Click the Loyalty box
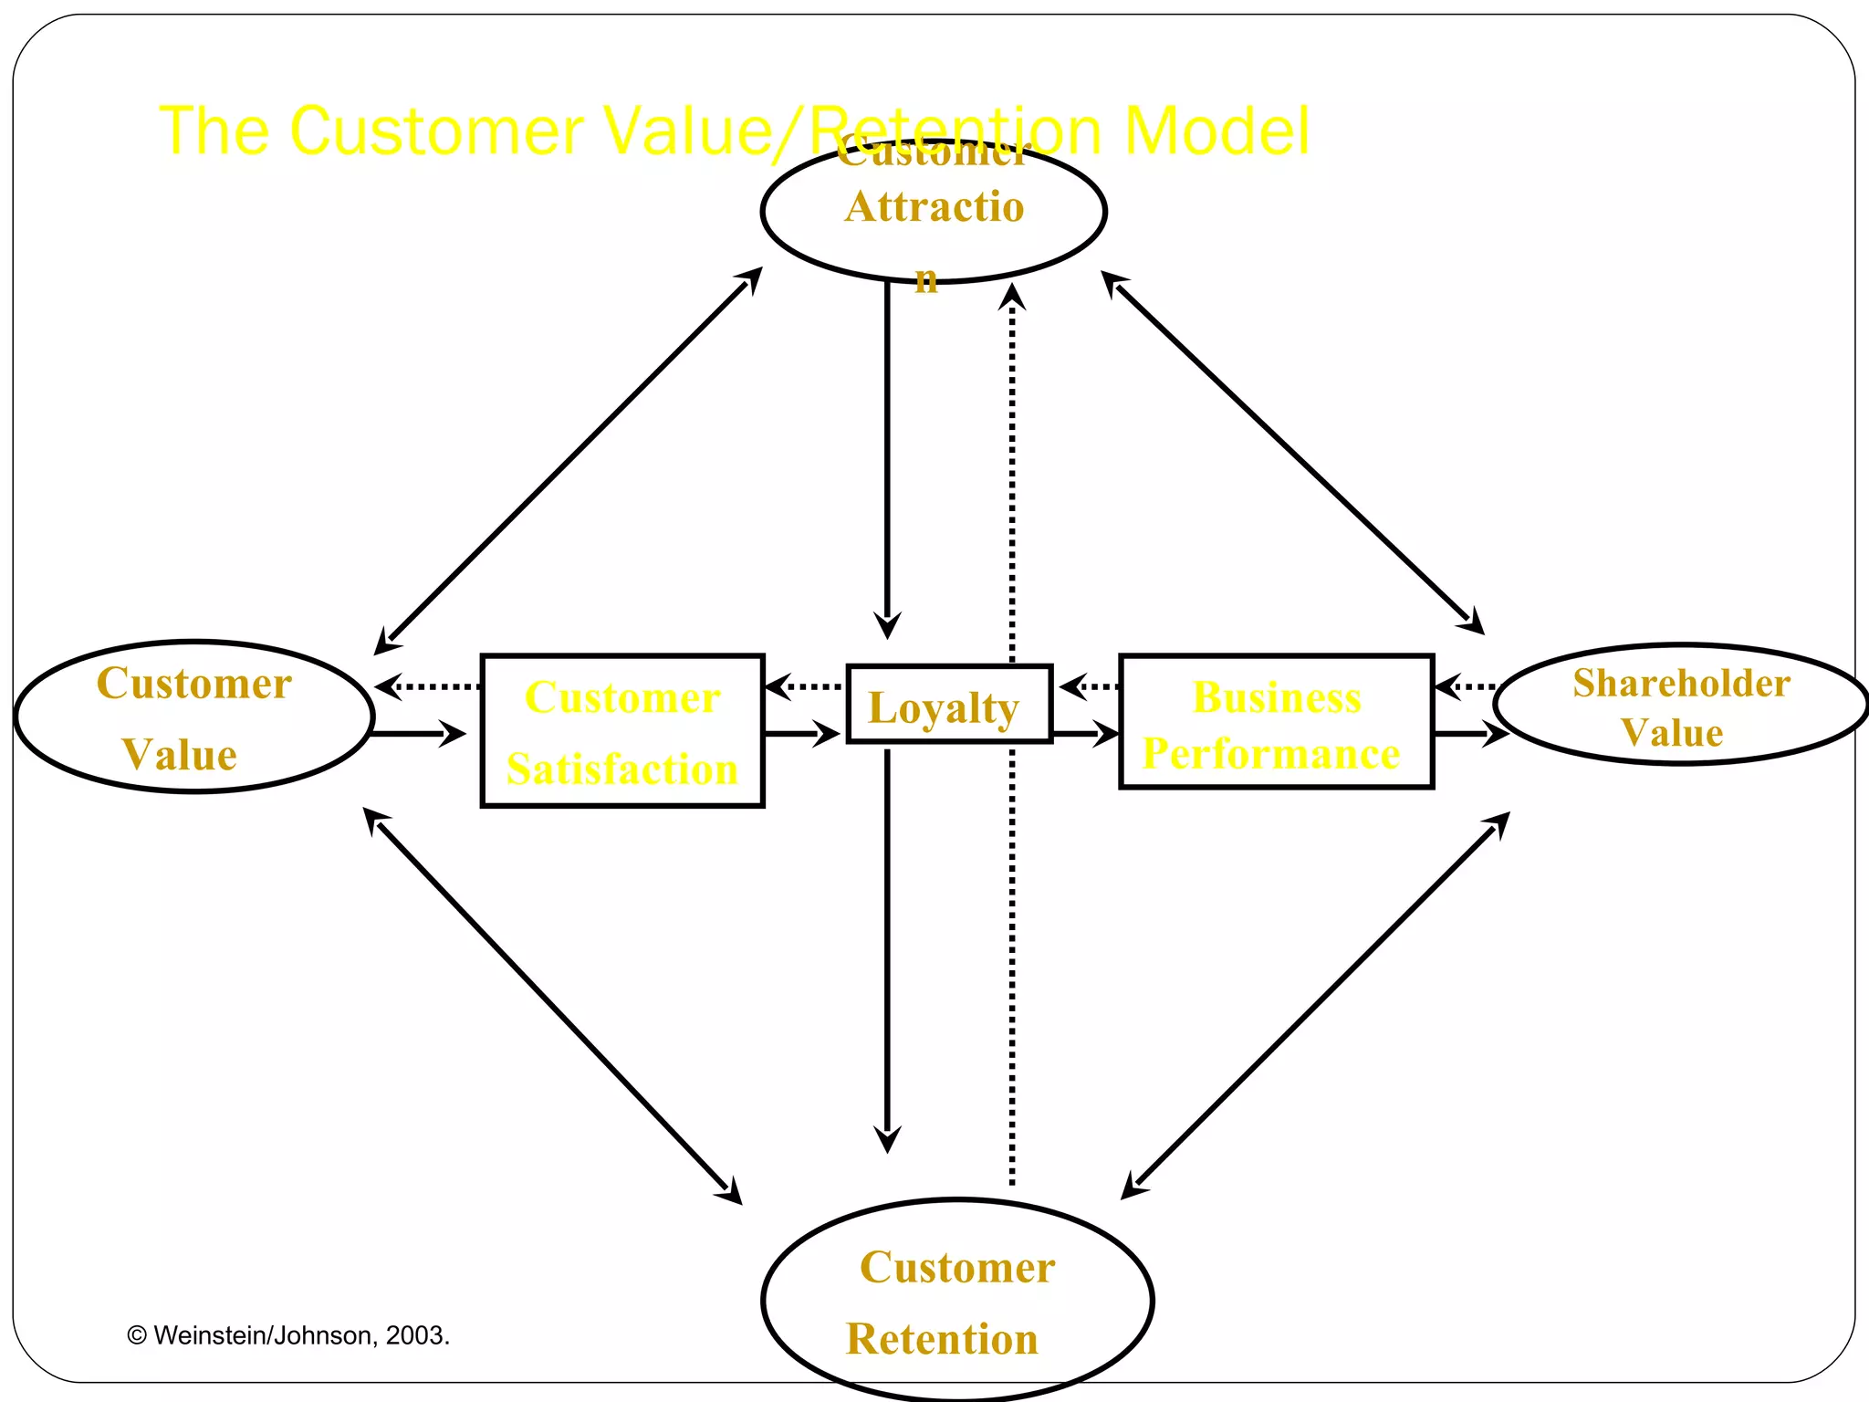(x=949, y=705)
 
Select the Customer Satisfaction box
(x=622, y=731)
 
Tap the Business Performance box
(x=1276, y=722)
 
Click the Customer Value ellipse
(x=194, y=717)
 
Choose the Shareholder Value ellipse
(x=1679, y=705)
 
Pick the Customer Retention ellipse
(x=956, y=1300)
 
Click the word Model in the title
(x=1216, y=131)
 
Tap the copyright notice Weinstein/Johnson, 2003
(x=288, y=1335)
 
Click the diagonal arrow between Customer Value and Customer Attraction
(x=568, y=462)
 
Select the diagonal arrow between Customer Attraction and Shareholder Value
(x=1292, y=452)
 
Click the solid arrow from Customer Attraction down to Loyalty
(x=887, y=456)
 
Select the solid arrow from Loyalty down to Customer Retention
(x=887, y=949)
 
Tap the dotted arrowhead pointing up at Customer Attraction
(x=1011, y=298)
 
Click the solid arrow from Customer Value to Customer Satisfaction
(x=420, y=733)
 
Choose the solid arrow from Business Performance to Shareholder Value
(x=1469, y=733)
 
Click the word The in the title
(x=213, y=131)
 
